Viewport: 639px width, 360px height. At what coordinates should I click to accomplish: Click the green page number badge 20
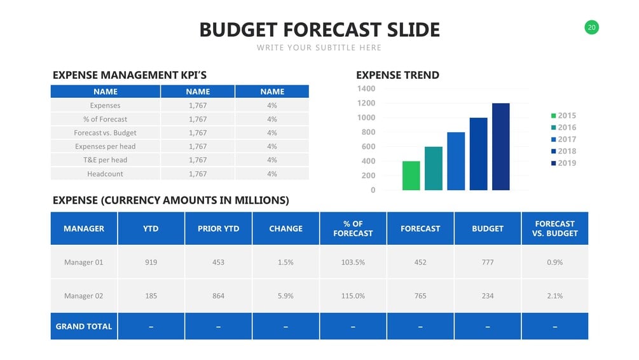(591, 27)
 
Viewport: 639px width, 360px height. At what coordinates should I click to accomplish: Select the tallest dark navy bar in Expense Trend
(500, 147)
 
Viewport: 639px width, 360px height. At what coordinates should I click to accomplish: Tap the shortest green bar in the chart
(411, 176)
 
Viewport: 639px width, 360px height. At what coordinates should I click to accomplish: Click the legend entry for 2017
(563, 139)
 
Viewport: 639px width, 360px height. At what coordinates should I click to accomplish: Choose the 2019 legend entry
(563, 163)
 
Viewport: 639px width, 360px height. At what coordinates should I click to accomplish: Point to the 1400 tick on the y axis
(366, 88)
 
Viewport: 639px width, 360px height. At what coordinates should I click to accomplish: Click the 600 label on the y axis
(368, 147)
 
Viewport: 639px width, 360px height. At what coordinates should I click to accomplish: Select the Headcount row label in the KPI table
(105, 174)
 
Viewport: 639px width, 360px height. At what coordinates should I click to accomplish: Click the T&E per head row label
(105, 160)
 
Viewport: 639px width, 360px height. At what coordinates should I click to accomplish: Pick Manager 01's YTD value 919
(151, 262)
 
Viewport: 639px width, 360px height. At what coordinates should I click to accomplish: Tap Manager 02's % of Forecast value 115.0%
(353, 296)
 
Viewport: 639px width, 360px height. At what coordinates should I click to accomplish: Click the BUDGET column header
(488, 228)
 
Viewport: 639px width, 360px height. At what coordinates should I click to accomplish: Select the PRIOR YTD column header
(218, 228)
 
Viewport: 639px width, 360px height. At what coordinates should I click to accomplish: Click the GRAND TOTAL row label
(84, 326)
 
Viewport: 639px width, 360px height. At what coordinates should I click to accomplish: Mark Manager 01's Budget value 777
(488, 262)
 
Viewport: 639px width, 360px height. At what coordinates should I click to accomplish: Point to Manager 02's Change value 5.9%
(285, 296)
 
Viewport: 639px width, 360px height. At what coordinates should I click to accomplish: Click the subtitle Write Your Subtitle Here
(319, 48)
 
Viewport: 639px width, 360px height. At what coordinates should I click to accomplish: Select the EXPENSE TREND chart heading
(397, 75)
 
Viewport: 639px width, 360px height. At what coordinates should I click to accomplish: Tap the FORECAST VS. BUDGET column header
(554, 228)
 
